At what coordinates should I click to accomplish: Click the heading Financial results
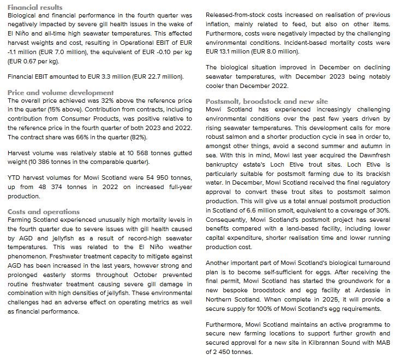(35, 7)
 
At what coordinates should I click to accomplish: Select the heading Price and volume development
(61, 92)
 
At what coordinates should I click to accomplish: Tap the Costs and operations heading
(44, 211)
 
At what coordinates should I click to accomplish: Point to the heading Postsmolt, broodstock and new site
(274, 101)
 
